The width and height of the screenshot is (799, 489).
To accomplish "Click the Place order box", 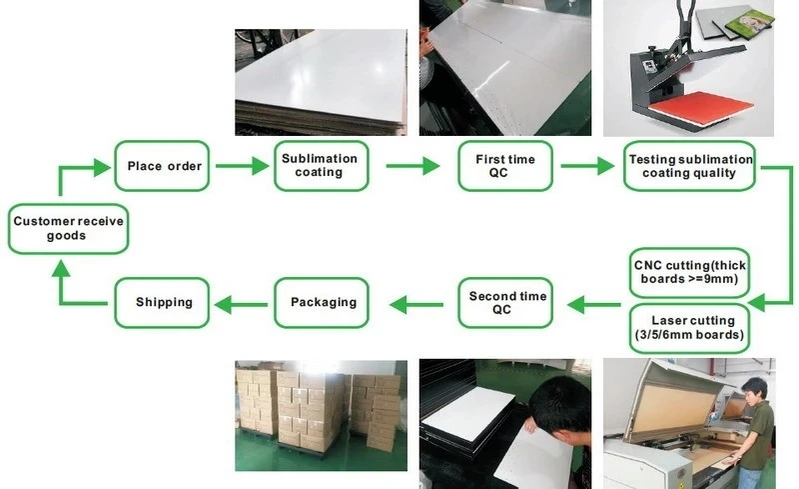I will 164,166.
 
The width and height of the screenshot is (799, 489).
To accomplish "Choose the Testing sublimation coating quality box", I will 689,166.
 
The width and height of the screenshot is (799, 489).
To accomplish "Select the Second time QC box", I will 507,303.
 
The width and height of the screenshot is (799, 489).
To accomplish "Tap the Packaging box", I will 323,302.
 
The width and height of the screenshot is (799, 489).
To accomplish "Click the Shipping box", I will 164,302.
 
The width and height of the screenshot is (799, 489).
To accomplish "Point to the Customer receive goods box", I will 67,228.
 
